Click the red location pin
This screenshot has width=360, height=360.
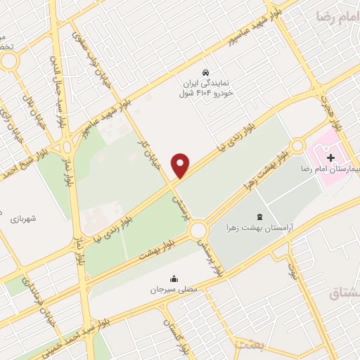click(x=181, y=165)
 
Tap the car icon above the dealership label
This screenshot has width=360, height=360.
click(x=205, y=72)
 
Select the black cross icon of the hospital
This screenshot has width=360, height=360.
click(x=331, y=157)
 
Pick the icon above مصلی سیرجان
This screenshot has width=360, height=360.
click(x=173, y=278)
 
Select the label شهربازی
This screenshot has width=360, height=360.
click(x=24, y=219)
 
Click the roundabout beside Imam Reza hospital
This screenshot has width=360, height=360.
click(x=297, y=146)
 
